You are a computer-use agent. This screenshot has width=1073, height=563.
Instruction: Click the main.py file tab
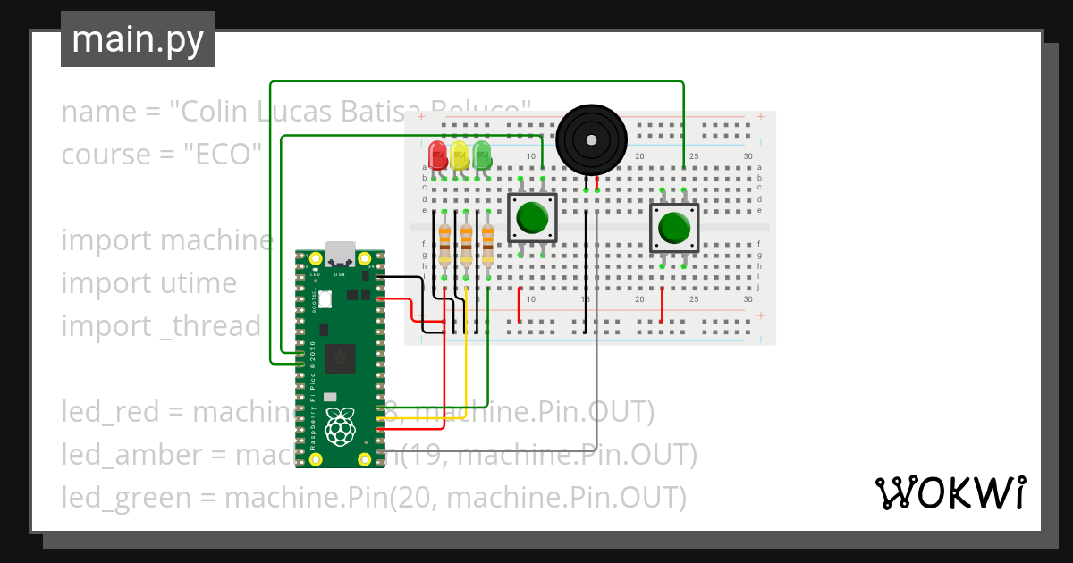138,39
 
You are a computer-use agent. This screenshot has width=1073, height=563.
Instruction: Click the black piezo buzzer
590,139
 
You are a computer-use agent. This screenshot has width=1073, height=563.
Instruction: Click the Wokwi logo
950,492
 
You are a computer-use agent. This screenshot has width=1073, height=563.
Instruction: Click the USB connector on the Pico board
340,254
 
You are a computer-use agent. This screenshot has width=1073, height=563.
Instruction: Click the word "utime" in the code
198,283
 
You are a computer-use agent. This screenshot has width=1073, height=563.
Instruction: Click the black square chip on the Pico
340,359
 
